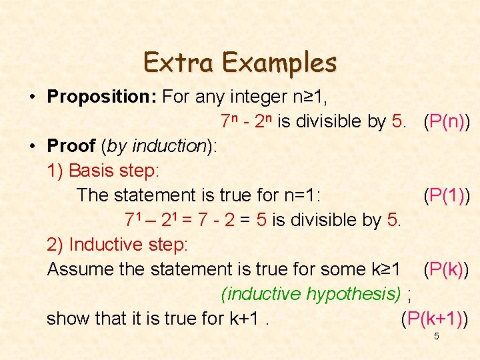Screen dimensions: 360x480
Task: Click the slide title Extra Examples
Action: coord(240,63)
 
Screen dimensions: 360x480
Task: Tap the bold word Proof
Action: coord(71,146)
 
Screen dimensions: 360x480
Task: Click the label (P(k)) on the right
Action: coord(445,269)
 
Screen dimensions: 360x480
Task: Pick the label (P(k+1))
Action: coord(434,319)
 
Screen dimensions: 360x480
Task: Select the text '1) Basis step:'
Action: coord(103,171)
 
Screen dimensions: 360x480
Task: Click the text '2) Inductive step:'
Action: coord(117,245)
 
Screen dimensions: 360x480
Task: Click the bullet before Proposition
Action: coord(32,97)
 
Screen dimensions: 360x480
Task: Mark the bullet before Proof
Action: coord(32,147)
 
